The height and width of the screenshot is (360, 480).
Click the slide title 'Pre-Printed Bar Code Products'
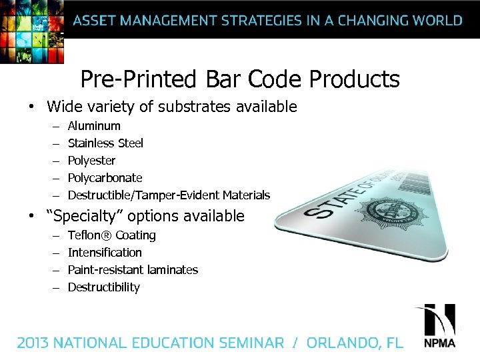click(240, 79)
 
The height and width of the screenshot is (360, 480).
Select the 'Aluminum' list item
click(94, 126)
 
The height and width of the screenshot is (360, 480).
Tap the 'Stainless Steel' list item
click(105, 143)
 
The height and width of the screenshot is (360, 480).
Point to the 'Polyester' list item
click(91, 161)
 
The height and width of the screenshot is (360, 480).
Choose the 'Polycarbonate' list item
click(105, 178)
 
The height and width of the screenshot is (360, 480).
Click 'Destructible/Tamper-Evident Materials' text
click(169, 195)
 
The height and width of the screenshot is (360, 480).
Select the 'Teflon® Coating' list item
click(111, 235)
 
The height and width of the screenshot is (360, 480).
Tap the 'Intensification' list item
click(105, 253)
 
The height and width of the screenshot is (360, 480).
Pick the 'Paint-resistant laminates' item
click(133, 270)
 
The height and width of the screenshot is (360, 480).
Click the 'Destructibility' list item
click(103, 287)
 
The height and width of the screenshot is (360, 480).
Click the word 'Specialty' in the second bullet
click(86, 216)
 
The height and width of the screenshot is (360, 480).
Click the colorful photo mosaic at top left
click(32, 30)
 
